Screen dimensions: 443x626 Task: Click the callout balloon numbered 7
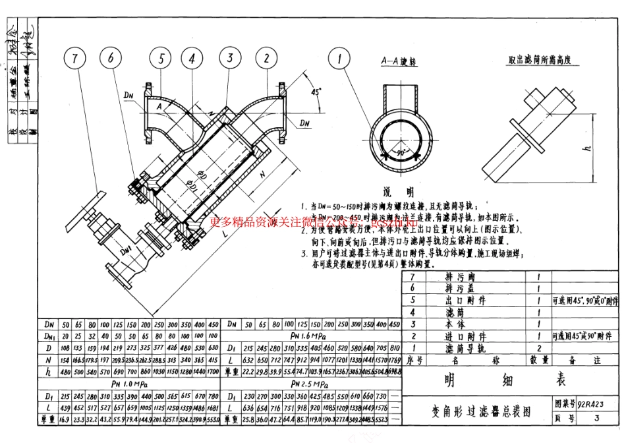click(x=75, y=59)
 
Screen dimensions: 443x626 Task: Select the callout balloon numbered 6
click(x=111, y=59)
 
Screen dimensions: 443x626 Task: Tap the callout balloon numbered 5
click(x=160, y=59)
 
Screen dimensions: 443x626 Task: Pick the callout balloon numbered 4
click(x=191, y=59)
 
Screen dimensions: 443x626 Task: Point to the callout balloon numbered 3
click(x=230, y=59)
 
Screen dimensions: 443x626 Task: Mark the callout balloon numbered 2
click(x=266, y=59)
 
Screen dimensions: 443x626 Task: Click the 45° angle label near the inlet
click(x=316, y=92)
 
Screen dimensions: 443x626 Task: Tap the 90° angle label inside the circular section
click(x=401, y=152)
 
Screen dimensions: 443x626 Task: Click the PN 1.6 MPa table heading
click(x=312, y=337)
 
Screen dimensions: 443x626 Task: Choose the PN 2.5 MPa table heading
click(x=312, y=384)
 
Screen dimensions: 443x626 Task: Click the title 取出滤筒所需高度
click(x=539, y=59)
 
